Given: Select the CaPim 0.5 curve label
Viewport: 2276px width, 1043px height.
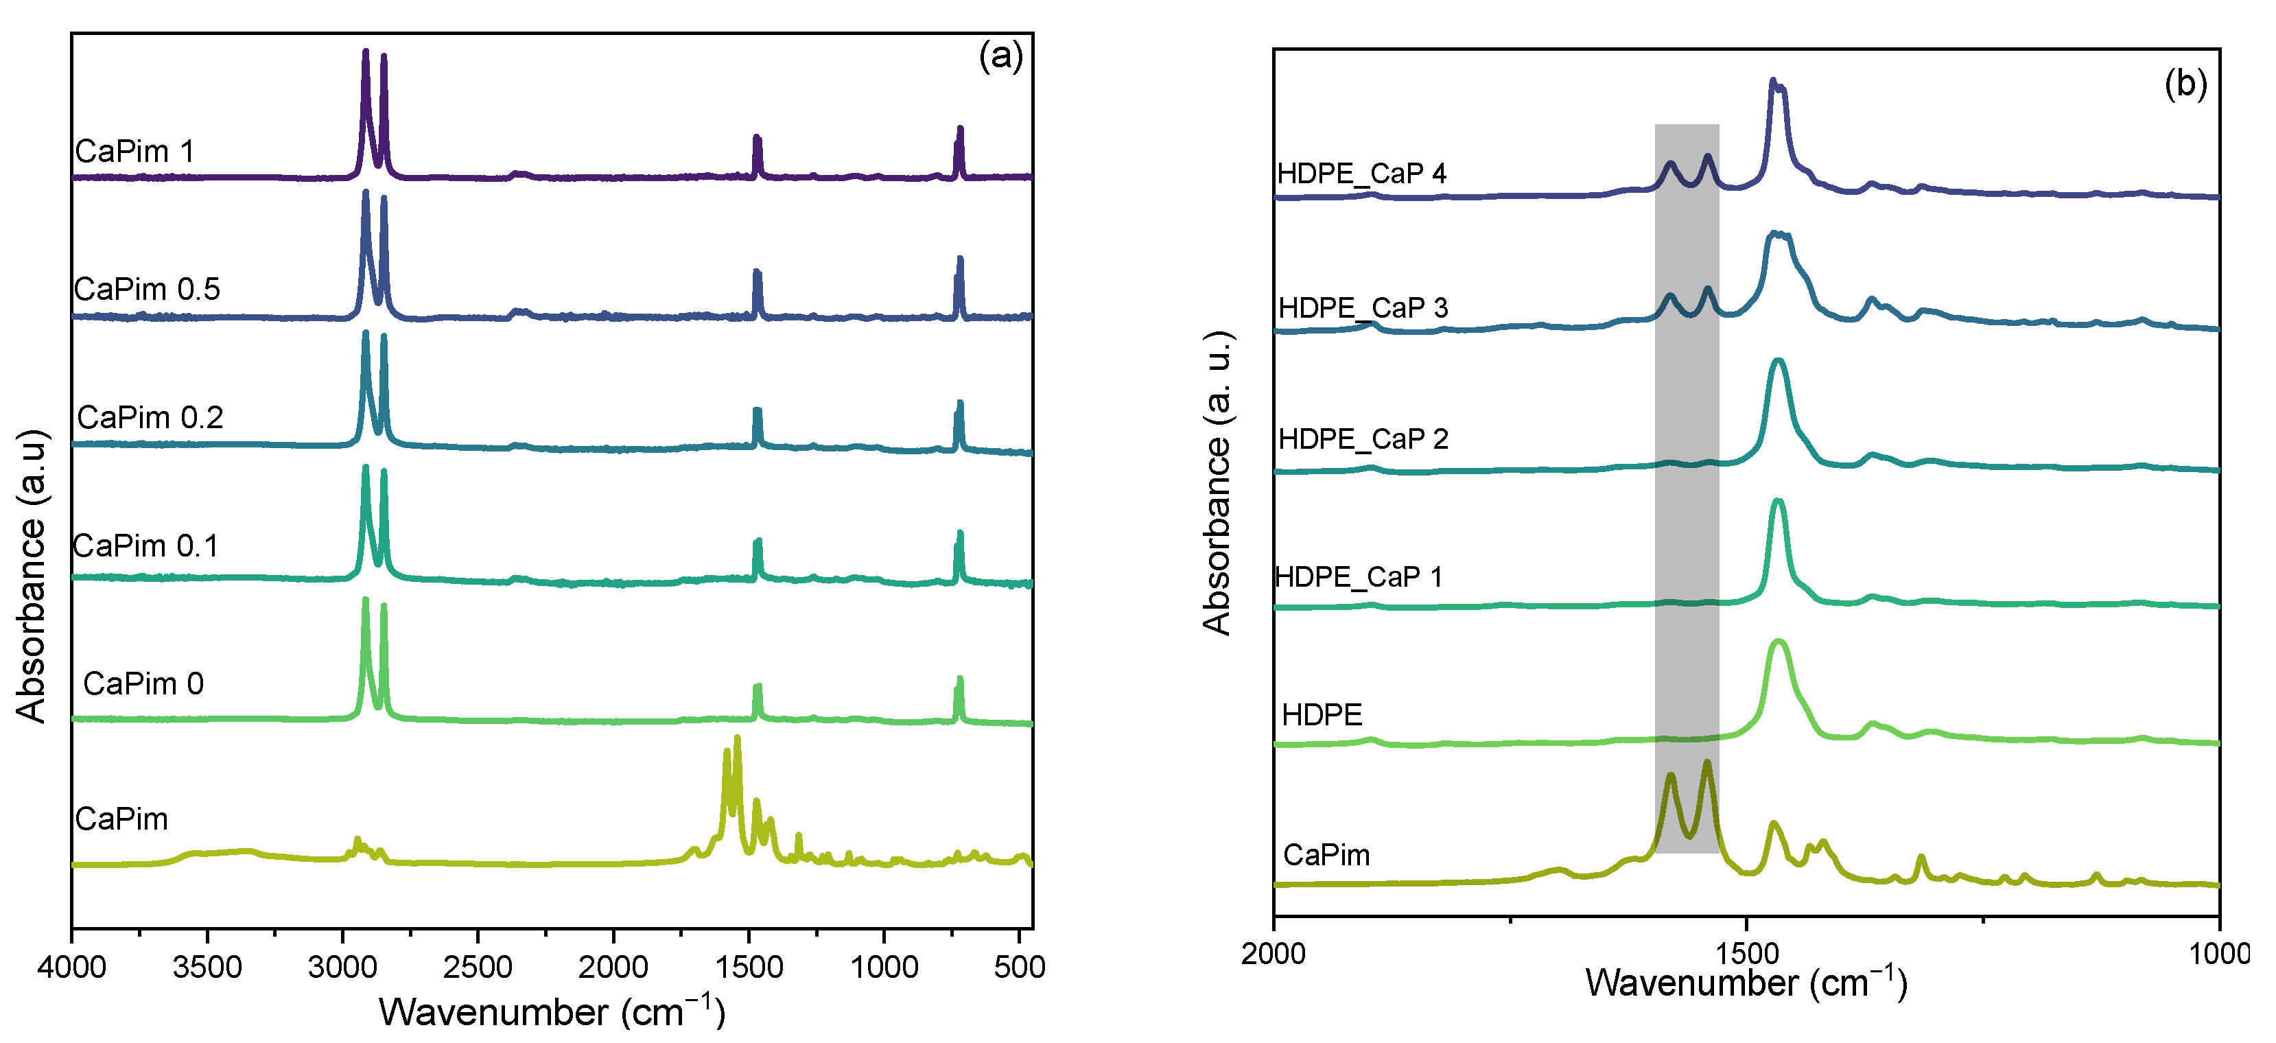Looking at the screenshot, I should (147, 289).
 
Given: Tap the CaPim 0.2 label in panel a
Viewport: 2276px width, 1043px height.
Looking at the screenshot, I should (150, 417).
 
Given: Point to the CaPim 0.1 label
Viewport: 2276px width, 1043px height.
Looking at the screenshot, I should (145, 546).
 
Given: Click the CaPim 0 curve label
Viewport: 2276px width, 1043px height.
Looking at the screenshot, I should (143, 683).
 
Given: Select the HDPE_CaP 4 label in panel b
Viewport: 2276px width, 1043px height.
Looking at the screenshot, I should (1361, 173).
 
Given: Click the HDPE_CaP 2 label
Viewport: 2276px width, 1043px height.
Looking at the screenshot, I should (1363, 438).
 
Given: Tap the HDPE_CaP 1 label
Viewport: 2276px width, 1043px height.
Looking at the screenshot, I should (1359, 577).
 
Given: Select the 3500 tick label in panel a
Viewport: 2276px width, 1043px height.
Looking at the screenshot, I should (207, 967).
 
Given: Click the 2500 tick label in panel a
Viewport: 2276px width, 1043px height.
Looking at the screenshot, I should (477, 967).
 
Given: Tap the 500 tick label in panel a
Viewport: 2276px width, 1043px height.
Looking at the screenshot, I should (1019, 967).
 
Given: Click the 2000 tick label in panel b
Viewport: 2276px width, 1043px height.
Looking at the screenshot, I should (1274, 954).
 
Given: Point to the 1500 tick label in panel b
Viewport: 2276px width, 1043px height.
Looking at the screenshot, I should (1746, 954).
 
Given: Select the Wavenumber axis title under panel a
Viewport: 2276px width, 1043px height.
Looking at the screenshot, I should (552, 1011).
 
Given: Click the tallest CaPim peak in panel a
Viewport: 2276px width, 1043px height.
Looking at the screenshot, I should (737, 739).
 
